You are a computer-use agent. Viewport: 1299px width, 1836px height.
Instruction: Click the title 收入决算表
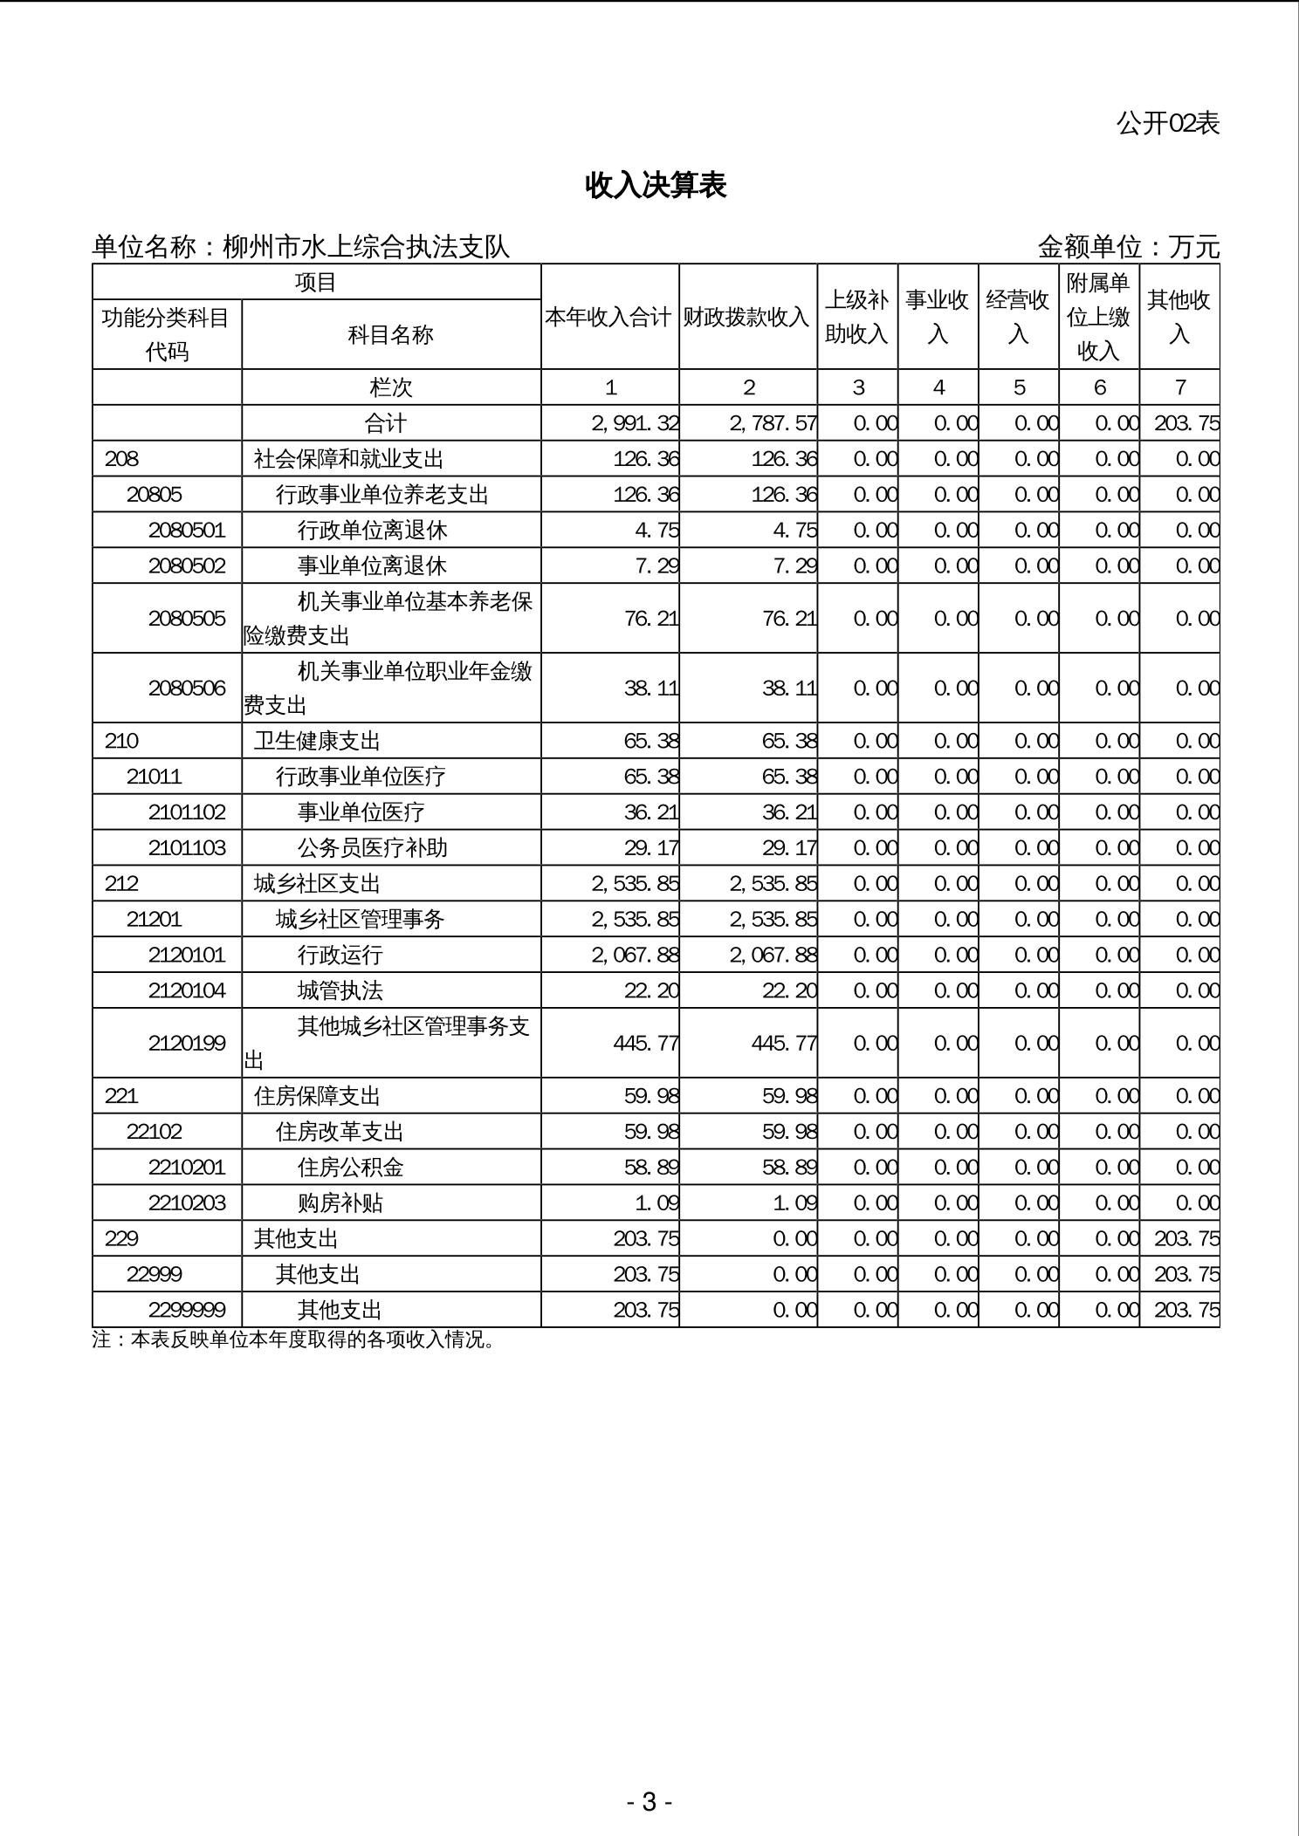pos(656,185)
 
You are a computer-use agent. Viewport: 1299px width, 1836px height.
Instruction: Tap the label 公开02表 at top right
pos(1167,124)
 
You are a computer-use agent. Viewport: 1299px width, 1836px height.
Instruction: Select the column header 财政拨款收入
pos(747,317)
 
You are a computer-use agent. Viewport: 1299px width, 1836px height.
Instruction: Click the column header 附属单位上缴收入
pos(1098,317)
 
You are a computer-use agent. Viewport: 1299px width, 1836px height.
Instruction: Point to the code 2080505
pos(187,619)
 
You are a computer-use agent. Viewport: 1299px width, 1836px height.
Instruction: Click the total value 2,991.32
pos(635,423)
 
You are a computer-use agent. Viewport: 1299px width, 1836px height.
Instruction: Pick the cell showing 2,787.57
pos(773,423)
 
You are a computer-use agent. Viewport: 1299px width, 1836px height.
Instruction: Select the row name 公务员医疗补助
pos(373,848)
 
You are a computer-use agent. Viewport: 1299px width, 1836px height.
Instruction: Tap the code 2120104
pos(187,990)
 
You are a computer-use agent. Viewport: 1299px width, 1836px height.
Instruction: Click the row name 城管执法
pos(340,990)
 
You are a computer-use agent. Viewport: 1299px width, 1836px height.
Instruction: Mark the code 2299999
pos(187,1310)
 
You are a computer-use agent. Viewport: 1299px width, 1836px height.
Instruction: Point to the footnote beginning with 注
pos(294,1339)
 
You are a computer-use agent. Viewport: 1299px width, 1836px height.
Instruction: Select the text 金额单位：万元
pos(1128,247)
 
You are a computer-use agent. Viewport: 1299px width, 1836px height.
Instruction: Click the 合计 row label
pos(386,423)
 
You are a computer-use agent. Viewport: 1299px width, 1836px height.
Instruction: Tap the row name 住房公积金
pos(351,1168)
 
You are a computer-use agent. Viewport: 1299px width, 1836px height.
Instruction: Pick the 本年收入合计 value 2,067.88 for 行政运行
pos(635,955)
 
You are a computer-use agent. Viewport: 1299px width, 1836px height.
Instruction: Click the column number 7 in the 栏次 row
pos(1179,387)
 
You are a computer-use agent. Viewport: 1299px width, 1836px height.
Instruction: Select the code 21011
pos(155,777)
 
